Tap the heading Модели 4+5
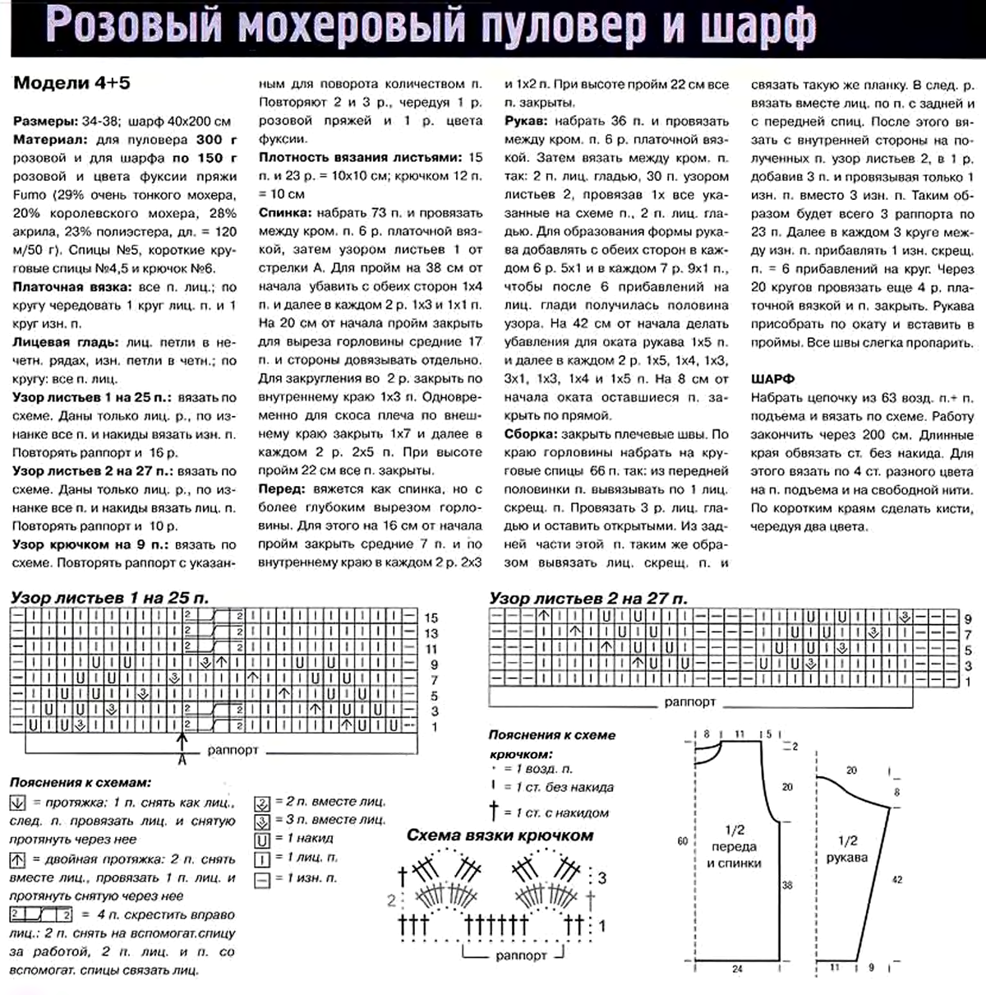pyautogui.click(x=71, y=83)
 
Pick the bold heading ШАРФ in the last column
pyautogui.click(x=772, y=379)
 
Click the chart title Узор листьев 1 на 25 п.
pyautogui.click(x=109, y=598)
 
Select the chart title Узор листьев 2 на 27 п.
pyautogui.click(x=588, y=598)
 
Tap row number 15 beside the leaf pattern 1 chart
pyautogui.click(x=431, y=618)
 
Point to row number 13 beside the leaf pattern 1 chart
pyautogui.click(x=431, y=633)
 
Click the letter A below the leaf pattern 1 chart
pyautogui.click(x=182, y=758)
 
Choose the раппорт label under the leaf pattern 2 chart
pyautogui.click(x=689, y=702)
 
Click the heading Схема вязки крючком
pyautogui.click(x=500, y=835)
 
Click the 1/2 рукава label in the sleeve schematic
pyautogui.click(x=847, y=849)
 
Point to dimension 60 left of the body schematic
pyautogui.click(x=682, y=840)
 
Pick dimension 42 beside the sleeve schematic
pyautogui.click(x=896, y=879)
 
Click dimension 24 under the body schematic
pyautogui.click(x=737, y=969)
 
